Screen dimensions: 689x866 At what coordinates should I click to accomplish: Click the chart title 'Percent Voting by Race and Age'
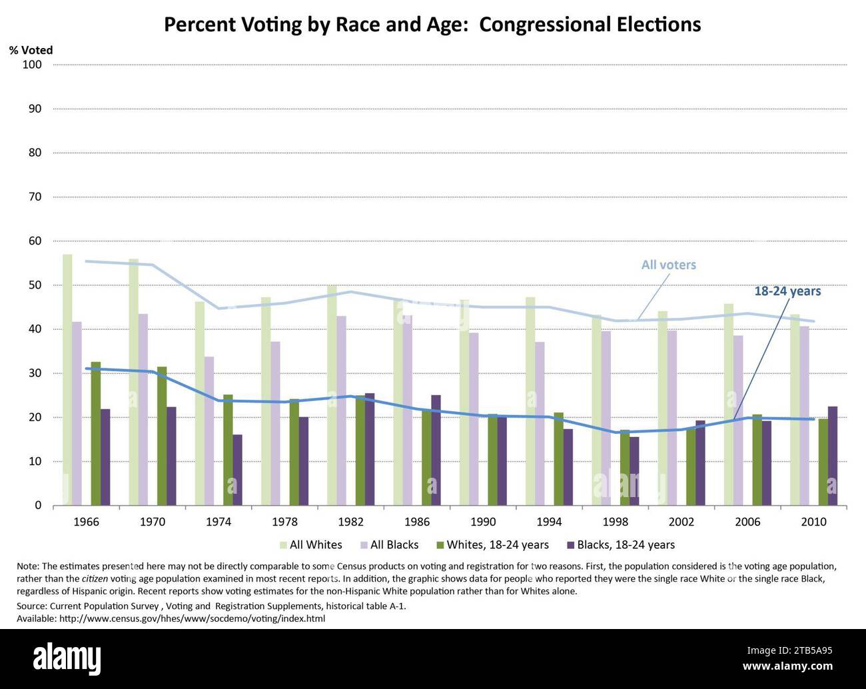click(432, 25)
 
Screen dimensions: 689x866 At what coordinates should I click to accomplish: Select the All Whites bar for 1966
click(67, 380)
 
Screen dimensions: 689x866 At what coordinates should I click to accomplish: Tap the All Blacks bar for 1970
click(143, 409)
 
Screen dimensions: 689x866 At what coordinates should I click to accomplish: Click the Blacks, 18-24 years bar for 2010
click(832, 456)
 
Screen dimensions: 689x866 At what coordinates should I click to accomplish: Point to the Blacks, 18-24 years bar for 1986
click(436, 450)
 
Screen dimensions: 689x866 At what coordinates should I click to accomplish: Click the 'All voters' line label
click(668, 265)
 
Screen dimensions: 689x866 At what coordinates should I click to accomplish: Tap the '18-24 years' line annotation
click(787, 291)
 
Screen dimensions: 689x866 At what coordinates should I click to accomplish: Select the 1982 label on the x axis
click(350, 522)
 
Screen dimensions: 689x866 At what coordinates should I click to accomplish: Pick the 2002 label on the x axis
click(681, 522)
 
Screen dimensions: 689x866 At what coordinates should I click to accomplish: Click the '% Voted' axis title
click(31, 50)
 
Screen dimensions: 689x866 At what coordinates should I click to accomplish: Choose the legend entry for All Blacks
click(394, 545)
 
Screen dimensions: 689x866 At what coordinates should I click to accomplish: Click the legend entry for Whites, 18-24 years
click(497, 545)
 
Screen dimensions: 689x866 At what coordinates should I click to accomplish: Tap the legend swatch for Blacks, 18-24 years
click(570, 545)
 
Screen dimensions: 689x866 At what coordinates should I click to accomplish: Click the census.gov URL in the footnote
click(192, 618)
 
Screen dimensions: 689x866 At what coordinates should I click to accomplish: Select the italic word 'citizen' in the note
click(95, 578)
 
